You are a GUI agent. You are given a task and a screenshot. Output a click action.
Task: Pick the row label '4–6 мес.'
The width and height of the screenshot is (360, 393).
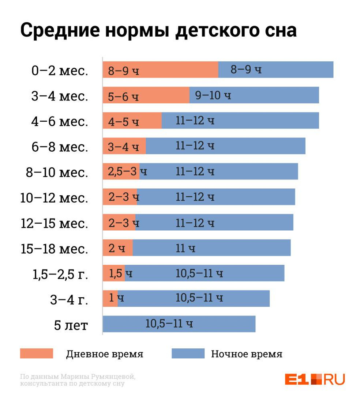pos(60,121)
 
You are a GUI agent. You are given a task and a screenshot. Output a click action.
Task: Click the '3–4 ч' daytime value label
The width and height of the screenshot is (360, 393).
pos(124,147)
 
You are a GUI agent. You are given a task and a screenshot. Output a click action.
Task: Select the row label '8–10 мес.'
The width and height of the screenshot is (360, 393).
pos(57,172)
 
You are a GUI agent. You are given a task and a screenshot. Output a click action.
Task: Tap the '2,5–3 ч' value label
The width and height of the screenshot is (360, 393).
pos(127,171)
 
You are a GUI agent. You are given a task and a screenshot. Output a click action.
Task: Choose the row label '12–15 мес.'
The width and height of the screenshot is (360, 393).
pos(54,223)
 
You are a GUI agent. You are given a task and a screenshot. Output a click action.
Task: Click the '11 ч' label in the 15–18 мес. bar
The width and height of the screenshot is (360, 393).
pos(185,249)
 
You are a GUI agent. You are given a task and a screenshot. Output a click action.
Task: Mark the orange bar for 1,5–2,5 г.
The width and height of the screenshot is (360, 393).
pos(114,273)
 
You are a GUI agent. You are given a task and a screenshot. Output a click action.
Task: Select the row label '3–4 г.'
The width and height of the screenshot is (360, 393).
pos(69,300)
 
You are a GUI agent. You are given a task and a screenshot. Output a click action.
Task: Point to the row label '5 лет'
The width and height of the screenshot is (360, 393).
pos(71,325)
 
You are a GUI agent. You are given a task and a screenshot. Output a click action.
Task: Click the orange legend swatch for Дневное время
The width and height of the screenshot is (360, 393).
pos(37,354)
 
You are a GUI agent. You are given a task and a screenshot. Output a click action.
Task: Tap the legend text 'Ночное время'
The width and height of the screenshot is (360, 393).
pos(246,354)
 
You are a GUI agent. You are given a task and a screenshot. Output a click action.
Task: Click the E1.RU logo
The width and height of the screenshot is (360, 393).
pos(315,378)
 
